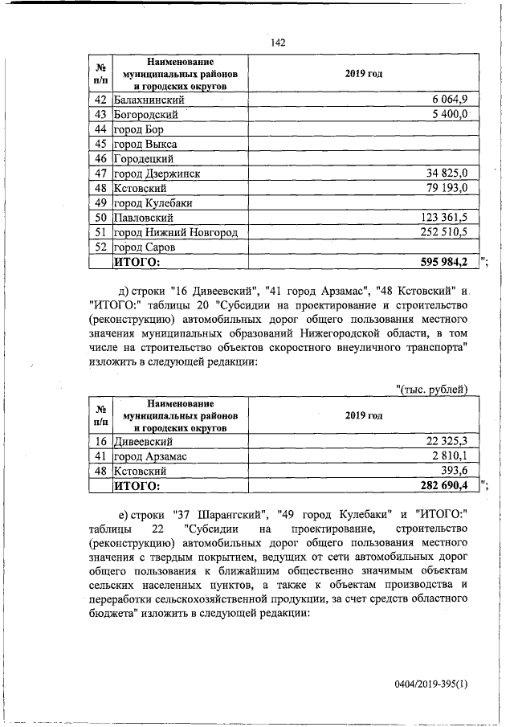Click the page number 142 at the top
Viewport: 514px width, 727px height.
point(279,43)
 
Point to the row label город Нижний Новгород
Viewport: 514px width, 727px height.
point(175,232)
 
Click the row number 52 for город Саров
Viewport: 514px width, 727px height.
point(101,247)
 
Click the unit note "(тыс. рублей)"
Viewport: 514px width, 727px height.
point(433,390)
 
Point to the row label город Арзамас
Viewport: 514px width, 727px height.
point(150,456)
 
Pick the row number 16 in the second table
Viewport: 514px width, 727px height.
point(101,441)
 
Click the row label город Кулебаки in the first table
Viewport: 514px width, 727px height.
point(157,203)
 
